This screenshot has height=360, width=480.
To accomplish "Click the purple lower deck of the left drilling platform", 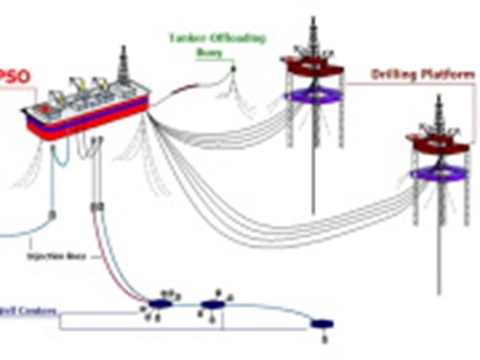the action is tap(310, 94).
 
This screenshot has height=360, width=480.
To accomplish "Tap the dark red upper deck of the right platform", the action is tap(437, 143).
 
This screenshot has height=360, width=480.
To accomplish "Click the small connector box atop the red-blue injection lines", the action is tap(95, 207).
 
